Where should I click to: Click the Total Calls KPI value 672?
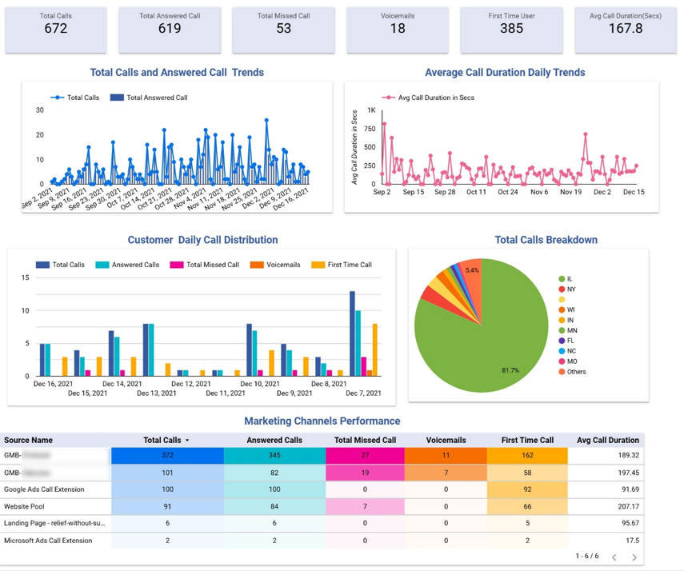[x=55, y=29]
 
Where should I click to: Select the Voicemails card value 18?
[x=398, y=29]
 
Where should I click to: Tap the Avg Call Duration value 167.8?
[x=626, y=29]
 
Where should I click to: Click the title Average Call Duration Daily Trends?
[x=505, y=72]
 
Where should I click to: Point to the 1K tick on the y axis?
[x=371, y=110]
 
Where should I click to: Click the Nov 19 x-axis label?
[x=570, y=192]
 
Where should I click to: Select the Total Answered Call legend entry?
[x=157, y=98]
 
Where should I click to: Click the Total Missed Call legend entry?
[x=212, y=265]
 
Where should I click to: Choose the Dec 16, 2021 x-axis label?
[x=53, y=384]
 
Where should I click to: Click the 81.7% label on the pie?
[x=510, y=370]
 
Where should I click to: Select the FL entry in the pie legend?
[x=570, y=341]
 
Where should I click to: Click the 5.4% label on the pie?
[x=472, y=270]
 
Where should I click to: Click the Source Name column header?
[x=28, y=440]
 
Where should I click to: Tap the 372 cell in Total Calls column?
[x=167, y=455]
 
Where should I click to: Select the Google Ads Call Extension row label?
[x=44, y=489]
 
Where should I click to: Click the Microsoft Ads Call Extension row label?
[x=48, y=541]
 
